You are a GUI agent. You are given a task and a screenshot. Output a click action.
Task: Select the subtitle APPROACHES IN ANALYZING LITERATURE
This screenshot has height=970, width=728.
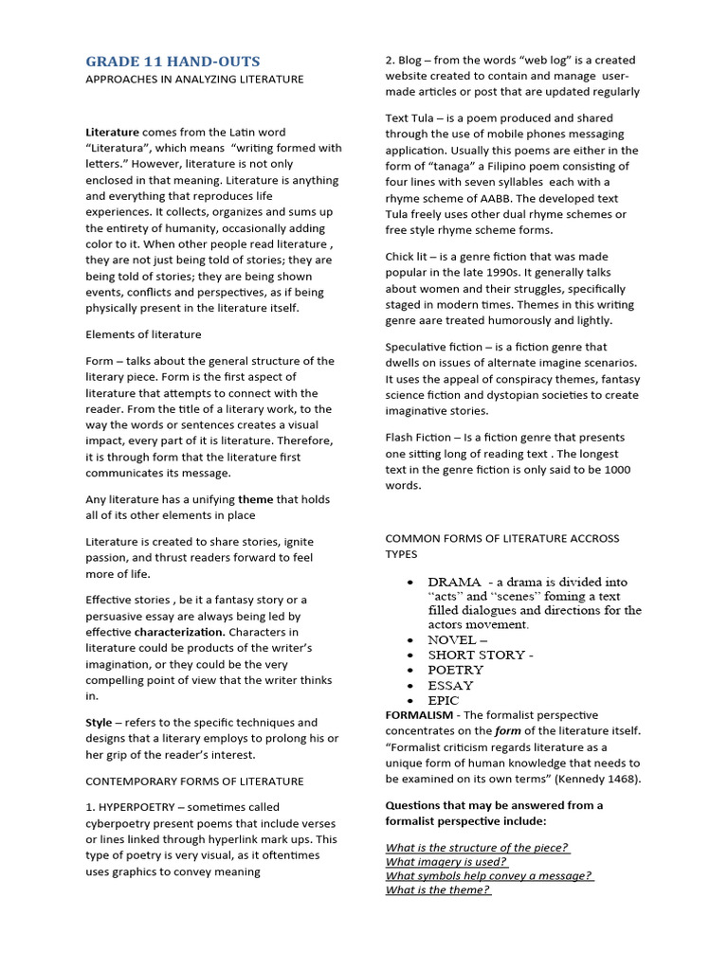[194, 80]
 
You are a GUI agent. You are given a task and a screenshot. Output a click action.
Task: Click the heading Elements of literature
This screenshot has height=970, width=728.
[143, 334]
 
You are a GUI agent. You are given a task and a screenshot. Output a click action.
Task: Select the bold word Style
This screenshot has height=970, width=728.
[100, 723]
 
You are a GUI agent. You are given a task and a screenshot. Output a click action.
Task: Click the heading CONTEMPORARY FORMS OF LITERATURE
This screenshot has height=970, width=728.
[194, 781]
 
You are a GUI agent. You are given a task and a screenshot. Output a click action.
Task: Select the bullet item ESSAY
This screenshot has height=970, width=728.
[450, 685]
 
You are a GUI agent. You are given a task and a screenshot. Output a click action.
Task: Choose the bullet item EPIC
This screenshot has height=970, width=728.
[444, 700]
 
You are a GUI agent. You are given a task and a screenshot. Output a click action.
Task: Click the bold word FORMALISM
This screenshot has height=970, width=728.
[419, 715]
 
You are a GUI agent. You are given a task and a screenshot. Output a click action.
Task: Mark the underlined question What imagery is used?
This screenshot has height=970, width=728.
[446, 862]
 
